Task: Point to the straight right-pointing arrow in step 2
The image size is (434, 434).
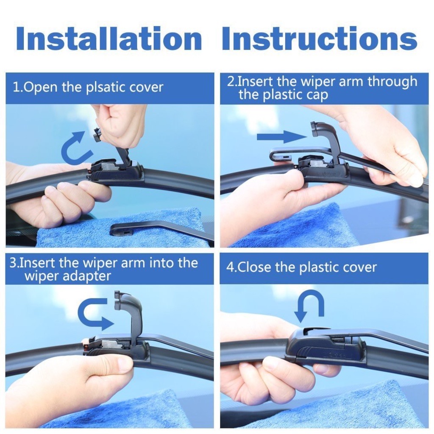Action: pyautogui.click(x=280, y=136)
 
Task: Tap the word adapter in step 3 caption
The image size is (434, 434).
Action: pyautogui.click(x=89, y=276)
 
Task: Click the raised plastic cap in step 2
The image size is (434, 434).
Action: pyautogui.click(x=326, y=140)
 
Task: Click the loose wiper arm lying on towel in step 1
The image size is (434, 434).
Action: pyautogui.click(x=161, y=228)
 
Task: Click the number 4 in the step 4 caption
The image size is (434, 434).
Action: pyautogui.click(x=230, y=267)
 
